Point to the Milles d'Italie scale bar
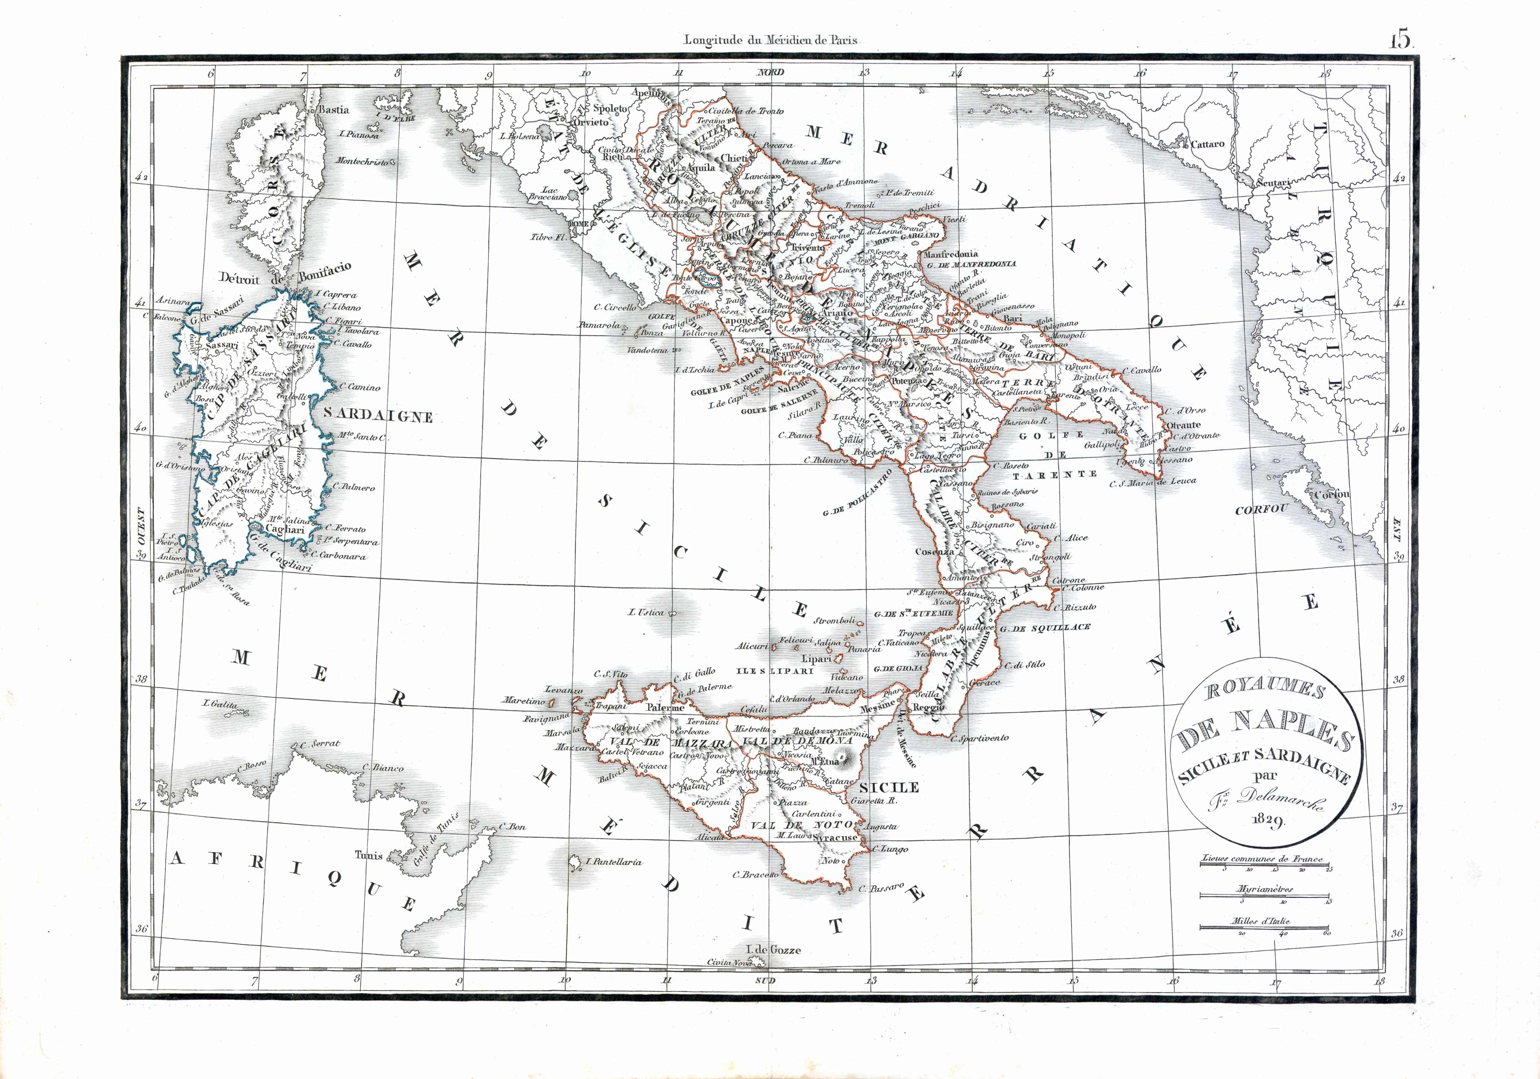click(1264, 928)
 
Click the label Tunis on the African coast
click(368, 855)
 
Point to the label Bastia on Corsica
click(334, 109)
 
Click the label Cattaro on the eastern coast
click(1207, 144)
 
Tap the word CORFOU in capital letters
click(1261, 509)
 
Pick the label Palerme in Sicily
click(665, 707)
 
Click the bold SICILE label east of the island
click(889, 787)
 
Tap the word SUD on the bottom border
click(765, 980)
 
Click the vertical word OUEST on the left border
click(142, 530)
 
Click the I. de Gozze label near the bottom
click(774, 950)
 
